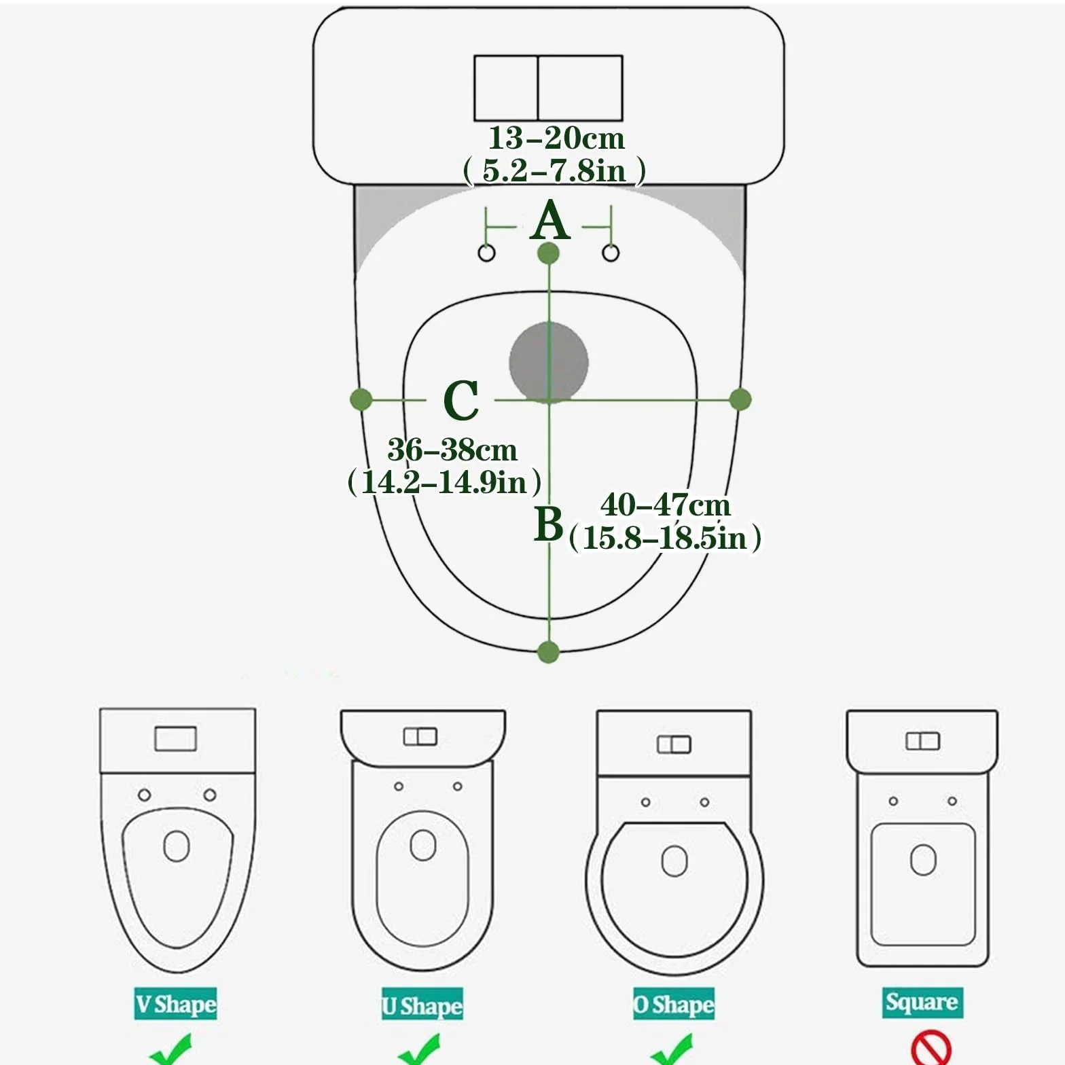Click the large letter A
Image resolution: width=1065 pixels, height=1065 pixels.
550,221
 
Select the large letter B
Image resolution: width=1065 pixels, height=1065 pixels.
549,524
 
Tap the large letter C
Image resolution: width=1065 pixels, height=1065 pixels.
461,400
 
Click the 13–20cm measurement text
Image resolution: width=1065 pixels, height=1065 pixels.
556,138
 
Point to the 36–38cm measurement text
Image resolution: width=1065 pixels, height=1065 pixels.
452,450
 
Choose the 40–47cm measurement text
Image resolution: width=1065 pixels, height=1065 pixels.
666,505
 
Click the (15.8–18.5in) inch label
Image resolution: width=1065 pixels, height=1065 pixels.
665,537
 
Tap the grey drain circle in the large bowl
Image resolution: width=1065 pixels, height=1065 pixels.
549,362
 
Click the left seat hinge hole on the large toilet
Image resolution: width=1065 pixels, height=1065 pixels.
487,253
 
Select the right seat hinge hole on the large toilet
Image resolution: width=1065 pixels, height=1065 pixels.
611,253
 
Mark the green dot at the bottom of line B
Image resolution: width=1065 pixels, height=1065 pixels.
548,652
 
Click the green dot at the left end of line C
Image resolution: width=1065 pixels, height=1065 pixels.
361,399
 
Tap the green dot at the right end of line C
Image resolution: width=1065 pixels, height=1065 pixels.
740,399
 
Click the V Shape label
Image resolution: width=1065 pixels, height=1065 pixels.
176,1004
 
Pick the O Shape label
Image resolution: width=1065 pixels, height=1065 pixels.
674,1005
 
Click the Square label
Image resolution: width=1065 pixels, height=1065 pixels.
922,1002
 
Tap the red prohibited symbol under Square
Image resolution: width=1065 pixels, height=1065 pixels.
931,1049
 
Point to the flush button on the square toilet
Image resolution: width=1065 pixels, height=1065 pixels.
922,741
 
